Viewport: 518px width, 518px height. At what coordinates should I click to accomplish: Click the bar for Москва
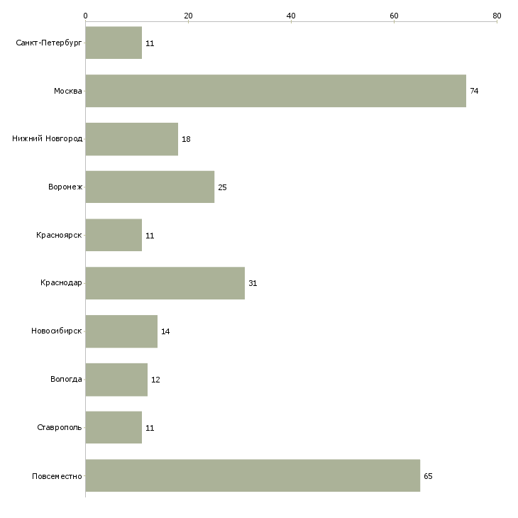pyautogui.click(x=276, y=91)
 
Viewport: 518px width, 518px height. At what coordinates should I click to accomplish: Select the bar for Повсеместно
pyautogui.click(x=253, y=475)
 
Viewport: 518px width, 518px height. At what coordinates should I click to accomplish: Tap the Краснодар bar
pyautogui.click(x=165, y=283)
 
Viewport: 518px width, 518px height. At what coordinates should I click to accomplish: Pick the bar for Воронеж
pyautogui.click(x=150, y=187)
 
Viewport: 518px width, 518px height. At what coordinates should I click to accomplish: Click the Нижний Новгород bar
pyautogui.click(x=132, y=139)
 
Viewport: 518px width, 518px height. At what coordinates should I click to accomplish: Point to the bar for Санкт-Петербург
pyautogui.click(x=114, y=43)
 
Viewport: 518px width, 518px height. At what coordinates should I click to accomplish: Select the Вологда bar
pyautogui.click(x=116, y=380)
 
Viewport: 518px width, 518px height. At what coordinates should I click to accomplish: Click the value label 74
pyautogui.click(x=474, y=91)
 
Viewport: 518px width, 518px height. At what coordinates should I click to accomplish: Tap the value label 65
pyautogui.click(x=428, y=476)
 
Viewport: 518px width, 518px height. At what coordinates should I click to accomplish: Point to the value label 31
pyautogui.click(x=253, y=283)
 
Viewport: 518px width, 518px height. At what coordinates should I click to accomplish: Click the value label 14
pyautogui.click(x=165, y=331)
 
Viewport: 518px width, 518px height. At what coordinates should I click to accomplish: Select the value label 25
pyautogui.click(x=222, y=187)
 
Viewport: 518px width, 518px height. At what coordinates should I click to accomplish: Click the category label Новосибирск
pyautogui.click(x=57, y=331)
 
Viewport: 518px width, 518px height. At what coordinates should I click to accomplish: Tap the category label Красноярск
pyautogui.click(x=59, y=235)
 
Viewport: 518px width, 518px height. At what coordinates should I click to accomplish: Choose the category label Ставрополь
pyautogui.click(x=60, y=427)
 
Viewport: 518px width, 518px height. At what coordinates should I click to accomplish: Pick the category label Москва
pyautogui.click(x=68, y=91)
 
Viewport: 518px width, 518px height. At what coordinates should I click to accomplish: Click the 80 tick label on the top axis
pyautogui.click(x=497, y=16)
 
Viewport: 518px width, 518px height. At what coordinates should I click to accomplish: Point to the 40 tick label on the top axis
pyautogui.click(x=291, y=16)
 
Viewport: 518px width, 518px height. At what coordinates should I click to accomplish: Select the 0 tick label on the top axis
pyautogui.click(x=86, y=16)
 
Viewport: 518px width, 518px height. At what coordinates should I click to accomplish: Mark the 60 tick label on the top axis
pyautogui.click(x=394, y=16)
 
